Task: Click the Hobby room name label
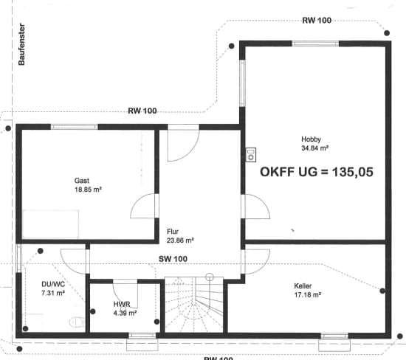click(x=311, y=139)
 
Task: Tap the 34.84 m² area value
click(x=315, y=148)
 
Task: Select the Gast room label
click(x=81, y=181)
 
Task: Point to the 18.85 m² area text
click(x=88, y=190)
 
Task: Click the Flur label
click(x=173, y=232)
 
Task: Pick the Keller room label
click(x=303, y=286)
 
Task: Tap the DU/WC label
click(x=53, y=284)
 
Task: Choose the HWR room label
click(x=122, y=304)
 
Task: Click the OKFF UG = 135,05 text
click(x=317, y=172)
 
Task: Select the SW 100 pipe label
click(x=173, y=259)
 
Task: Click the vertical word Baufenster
click(x=21, y=44)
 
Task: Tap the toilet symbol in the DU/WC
click(x=77, y=322)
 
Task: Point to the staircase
click(x=194, y=305)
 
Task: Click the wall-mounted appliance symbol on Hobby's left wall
click(x=251, y=155)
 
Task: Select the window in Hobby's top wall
click(x=315, y=44)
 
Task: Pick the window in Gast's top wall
click(x=75, y=127)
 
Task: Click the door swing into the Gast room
click(x=144, y=206)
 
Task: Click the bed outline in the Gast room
click(x=50, y=224)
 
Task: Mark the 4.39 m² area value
click(x=125, y=314)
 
